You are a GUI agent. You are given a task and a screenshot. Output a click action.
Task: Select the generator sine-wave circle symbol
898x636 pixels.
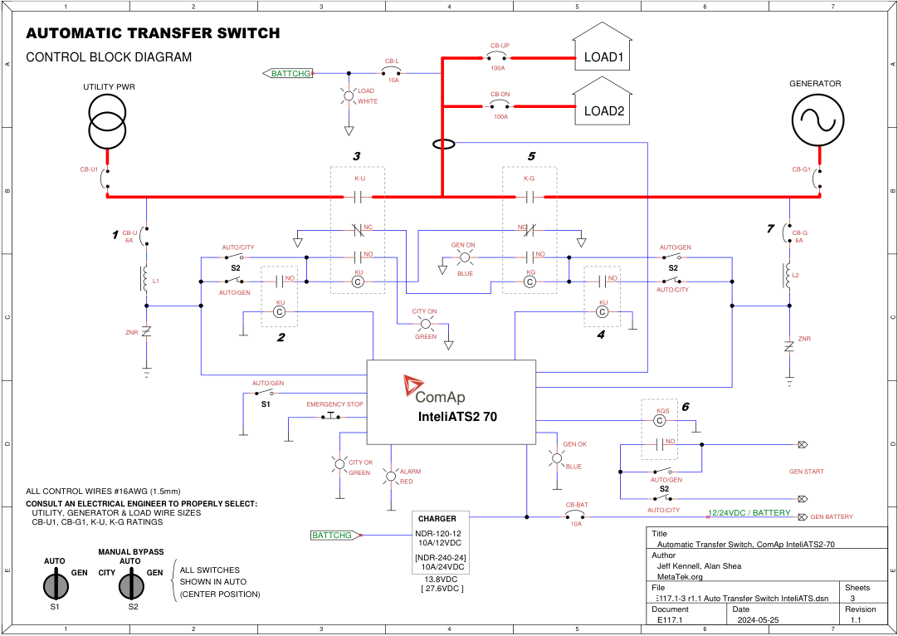[817, 121]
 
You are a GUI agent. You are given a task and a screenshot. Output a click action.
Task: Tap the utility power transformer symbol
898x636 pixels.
[107, 121]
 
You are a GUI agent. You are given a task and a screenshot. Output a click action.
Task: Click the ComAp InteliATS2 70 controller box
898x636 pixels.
[451, 402]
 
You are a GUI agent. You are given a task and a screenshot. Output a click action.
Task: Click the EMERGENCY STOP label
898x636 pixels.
[335, 404]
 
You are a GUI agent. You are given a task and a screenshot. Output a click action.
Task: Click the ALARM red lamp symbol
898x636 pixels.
[390, 476]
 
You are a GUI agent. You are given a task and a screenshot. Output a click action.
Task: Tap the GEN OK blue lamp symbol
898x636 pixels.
[557, 457]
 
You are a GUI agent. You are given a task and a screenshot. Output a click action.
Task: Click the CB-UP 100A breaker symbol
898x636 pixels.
[500, 58]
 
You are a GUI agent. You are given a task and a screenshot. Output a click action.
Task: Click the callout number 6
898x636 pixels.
[686, 407]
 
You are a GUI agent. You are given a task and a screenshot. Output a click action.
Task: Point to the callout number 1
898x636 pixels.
[115, 235]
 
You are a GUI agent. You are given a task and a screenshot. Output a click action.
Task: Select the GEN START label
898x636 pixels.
[806, 472]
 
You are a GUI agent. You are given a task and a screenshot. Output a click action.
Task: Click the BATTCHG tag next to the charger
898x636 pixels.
[335, 536]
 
